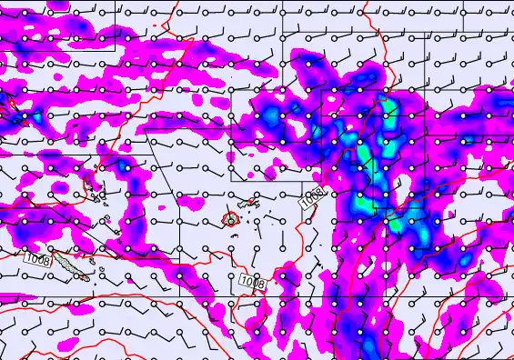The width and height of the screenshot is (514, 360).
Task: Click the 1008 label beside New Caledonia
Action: [36, 259]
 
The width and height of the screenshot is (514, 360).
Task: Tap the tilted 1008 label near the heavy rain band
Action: [311, 198]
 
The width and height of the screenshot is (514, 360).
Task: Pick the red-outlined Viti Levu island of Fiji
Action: [230, 219]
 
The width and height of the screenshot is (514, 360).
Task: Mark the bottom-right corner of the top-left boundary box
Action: [116, 50]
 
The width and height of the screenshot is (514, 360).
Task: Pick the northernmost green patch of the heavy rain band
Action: [391, 111]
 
